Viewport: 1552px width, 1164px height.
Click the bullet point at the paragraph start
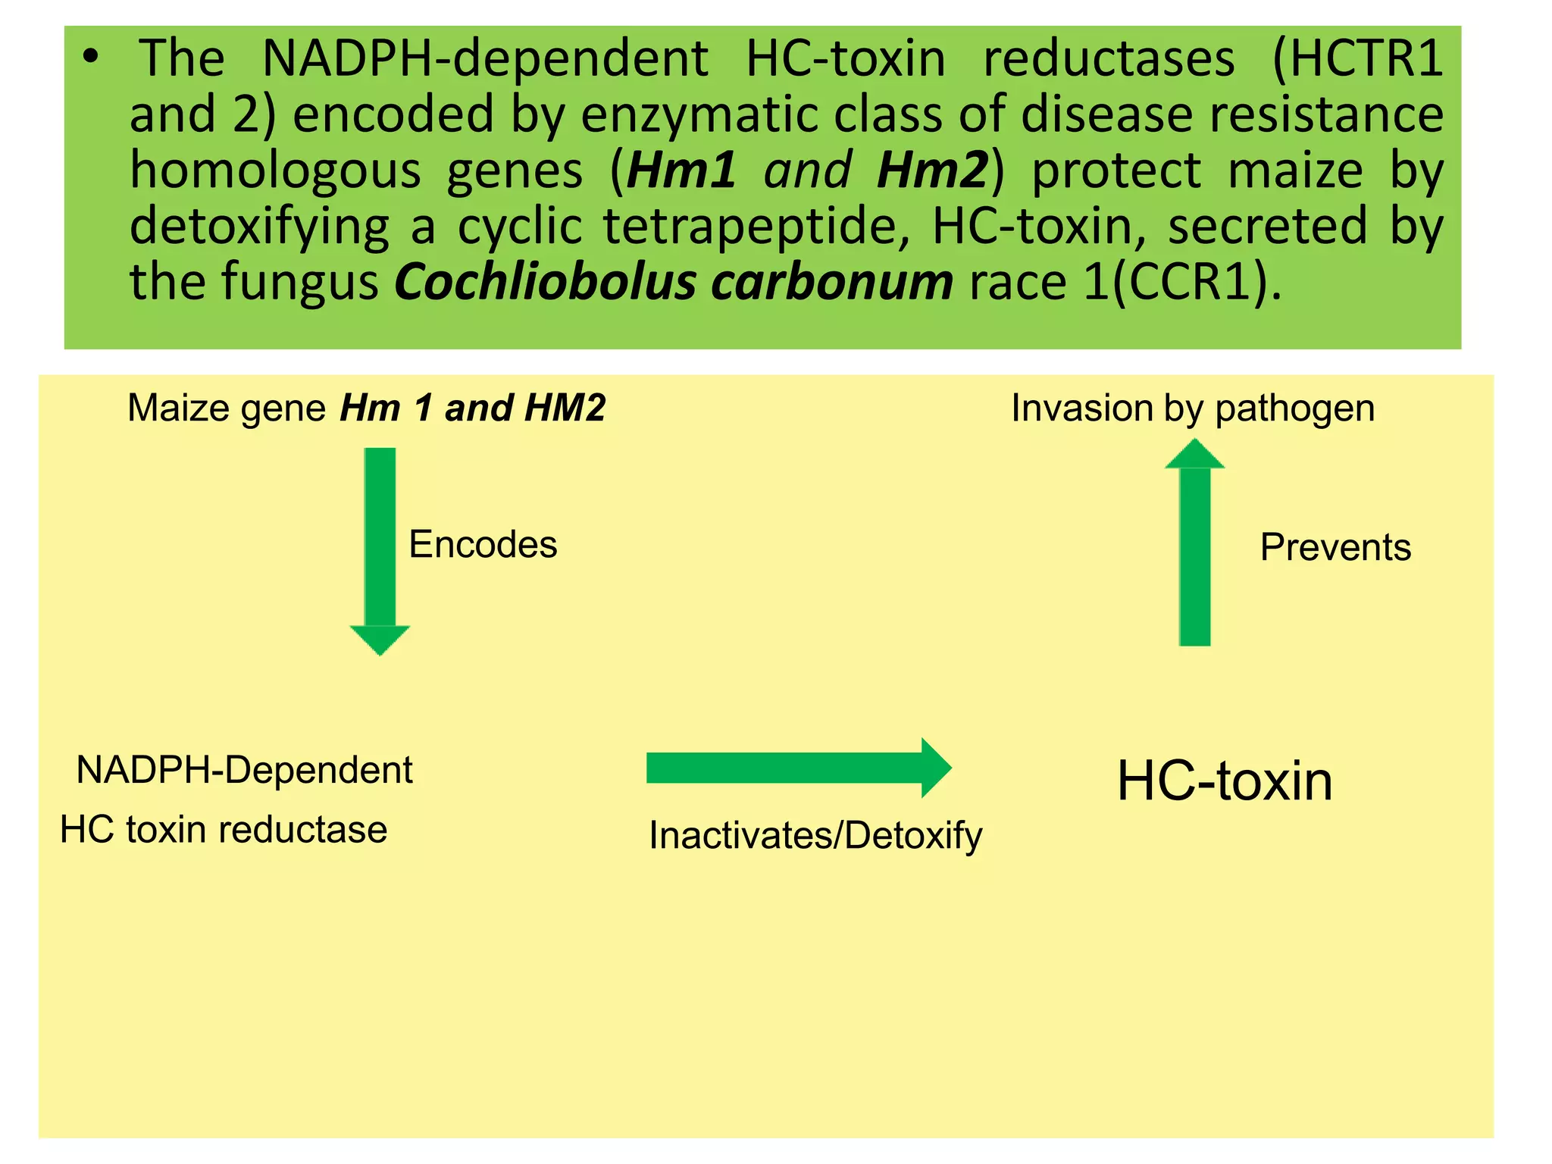[91, 58]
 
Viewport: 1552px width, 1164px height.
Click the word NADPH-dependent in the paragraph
[485, 59]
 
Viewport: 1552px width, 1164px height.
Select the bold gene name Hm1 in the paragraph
[681, 170]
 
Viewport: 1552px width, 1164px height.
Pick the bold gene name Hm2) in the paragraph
[940, 170]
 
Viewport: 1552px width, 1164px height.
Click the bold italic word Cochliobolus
[545, 282]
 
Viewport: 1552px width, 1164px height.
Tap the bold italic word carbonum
[831, 282]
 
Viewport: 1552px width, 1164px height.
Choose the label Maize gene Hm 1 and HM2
[366, 408]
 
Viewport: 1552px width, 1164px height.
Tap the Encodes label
[483, 544]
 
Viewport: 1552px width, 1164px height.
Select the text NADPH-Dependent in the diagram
[244, 770]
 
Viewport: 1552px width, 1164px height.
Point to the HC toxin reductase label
[224, 829]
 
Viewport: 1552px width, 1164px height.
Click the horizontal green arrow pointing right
[797, 768]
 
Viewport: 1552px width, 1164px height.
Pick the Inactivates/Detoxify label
[815, 836]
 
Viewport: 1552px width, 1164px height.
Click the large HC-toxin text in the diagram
[1225, 781]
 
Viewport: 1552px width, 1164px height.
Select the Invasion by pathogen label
[1193, 408]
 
